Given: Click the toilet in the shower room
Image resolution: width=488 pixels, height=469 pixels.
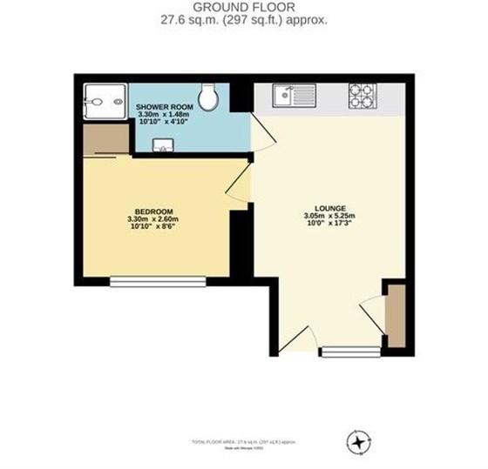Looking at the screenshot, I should click(208, 97).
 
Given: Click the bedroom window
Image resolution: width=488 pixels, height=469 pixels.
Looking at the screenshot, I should click(157, 281).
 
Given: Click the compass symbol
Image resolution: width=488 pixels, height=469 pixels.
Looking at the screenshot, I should click(357, 442).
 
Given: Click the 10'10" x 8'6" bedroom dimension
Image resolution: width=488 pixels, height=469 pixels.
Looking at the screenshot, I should click(150, 228).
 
